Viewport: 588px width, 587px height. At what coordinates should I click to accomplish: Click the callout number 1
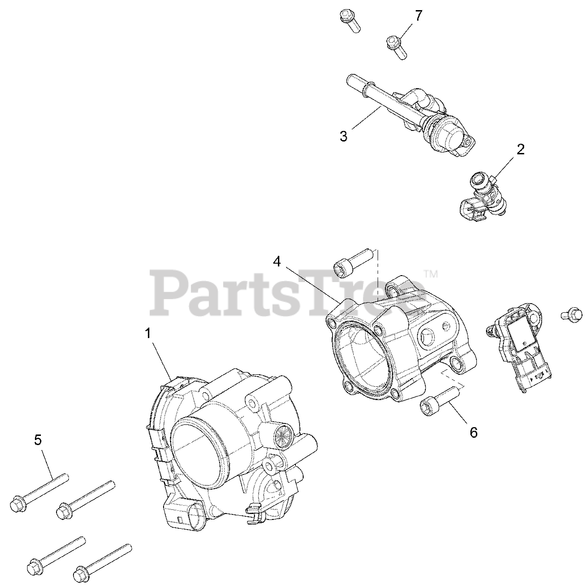click(x=148, y=334)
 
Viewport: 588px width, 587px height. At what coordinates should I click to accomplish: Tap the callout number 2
click(x=520, y=149)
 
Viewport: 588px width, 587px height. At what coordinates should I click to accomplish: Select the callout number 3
click(x=344, y=136)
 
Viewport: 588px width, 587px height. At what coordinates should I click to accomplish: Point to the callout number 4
click(x=277, y=261)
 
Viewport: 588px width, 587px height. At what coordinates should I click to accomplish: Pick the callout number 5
click(x=38, y=440)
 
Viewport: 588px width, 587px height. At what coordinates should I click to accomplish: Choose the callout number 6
click(x=473, y=432)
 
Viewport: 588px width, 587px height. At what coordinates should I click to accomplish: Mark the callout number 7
click(x=418, y=16)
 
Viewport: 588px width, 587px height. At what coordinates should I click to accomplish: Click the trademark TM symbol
click(x=431, y=274)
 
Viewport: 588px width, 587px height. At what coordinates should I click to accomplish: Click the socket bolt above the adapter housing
click(x=351, y=260)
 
